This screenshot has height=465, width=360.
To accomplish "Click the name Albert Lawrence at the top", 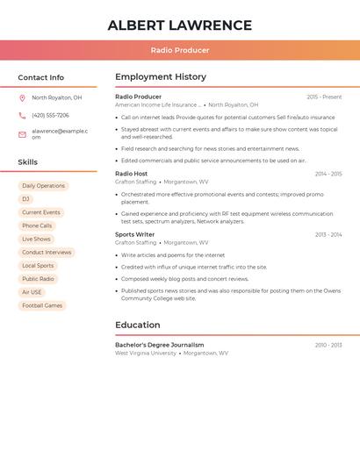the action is (x=179, y=25).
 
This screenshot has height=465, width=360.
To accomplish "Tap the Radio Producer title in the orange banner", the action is (x=179, y=51).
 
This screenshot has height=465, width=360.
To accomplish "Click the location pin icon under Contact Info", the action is (x=22, y=98).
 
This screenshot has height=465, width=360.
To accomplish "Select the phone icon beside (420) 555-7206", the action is (x=22, y=116).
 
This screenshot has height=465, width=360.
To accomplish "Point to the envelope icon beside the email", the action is (x=22, y=134).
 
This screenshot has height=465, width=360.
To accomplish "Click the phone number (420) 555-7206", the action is (x=50, y=116).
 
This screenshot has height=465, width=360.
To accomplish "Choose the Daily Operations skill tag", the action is (x=43, y=186).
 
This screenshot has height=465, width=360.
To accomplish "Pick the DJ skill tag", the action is (x=25, y=199).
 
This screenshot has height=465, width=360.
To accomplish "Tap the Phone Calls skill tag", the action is (x=37, y=225).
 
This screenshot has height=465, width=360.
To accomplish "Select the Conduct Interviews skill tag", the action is (x=47, y=253).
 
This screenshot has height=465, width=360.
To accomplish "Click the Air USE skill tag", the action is (x=32, y=292).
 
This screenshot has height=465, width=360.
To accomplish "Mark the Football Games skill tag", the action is (x=42, y=305).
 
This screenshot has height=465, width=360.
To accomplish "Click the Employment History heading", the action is (x=161, y=76).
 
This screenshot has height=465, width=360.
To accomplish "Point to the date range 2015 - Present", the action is (x=324, y=97).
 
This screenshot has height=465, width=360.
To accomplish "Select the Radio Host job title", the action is (x=132, y=174).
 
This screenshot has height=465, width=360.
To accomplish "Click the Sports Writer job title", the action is (x=135, y=234).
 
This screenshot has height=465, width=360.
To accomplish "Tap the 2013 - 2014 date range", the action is (x=328, y=234).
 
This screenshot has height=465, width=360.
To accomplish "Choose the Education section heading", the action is (x=138, y=325).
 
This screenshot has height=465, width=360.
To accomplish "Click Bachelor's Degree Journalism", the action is (x=159, y=345).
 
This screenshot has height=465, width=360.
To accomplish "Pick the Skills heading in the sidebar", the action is (x=28, y=162).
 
